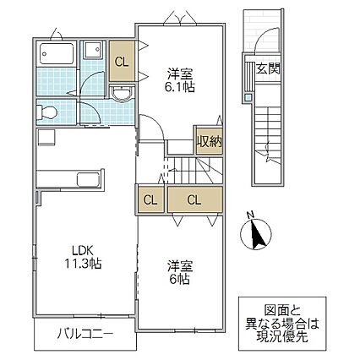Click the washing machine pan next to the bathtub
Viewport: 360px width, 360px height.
click(94, 52)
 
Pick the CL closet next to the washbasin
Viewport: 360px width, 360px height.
click(123, 61)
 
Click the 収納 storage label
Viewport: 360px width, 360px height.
click(209, 140)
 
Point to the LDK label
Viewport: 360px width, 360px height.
click(81, 250)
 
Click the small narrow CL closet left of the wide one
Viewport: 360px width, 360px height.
click(149, 199)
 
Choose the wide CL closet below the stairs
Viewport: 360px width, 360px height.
click(194, 199)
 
